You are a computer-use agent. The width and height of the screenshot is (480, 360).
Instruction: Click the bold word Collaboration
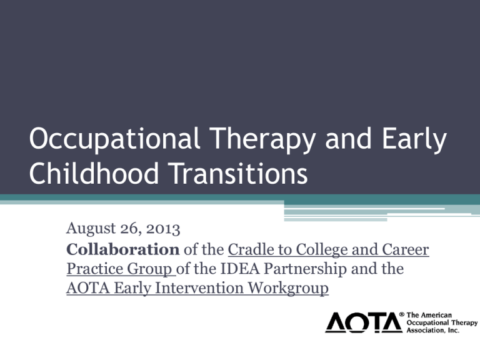pos(122,249)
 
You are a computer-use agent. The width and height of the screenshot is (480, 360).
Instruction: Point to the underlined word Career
pos(405,250)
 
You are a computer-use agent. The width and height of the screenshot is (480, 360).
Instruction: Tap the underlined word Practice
pos(94,269)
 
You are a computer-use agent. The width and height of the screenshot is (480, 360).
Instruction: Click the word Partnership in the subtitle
pos(305,269)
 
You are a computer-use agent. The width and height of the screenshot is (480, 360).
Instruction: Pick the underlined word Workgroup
pos(288,289)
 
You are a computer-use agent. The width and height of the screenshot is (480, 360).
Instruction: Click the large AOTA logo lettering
pos(364,322)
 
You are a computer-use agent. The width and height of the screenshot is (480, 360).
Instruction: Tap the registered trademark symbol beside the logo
pos(402,314)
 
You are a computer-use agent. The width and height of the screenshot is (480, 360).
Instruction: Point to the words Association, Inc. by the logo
pos(433,330)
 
